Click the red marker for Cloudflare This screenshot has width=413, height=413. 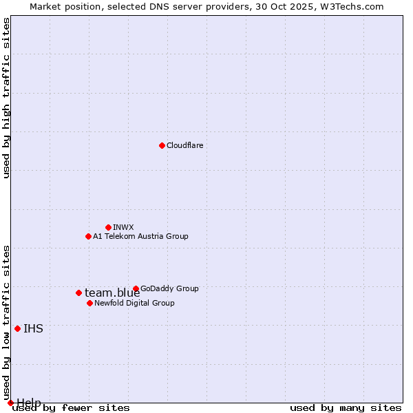(162, 145)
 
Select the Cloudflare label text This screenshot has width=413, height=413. (185, 145)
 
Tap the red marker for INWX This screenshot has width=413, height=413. (108, 227)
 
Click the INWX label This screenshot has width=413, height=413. (123, 227)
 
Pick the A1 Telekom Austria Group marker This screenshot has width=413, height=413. (88, 236)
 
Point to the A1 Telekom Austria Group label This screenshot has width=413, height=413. (140, 236)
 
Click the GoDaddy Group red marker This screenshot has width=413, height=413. (136, 288)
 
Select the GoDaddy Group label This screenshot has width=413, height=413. (169, 288)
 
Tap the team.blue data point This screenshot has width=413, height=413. (78, 293)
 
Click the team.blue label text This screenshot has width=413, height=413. (112, 293)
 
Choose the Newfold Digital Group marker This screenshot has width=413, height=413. (89, 303)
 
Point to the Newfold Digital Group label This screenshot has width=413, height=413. (134, 303)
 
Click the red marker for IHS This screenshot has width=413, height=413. (17, 328)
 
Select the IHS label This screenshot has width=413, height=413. (33, 329)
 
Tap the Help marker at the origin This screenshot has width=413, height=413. (10, 403)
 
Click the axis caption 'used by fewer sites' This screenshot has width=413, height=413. (72, 408)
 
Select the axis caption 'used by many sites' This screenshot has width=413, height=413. (346, 408)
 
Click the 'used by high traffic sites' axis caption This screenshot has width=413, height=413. (6, 98)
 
